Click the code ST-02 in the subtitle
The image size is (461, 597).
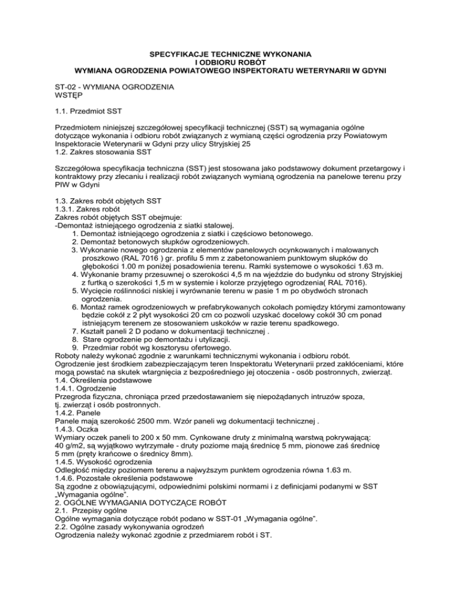coord(60,87)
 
